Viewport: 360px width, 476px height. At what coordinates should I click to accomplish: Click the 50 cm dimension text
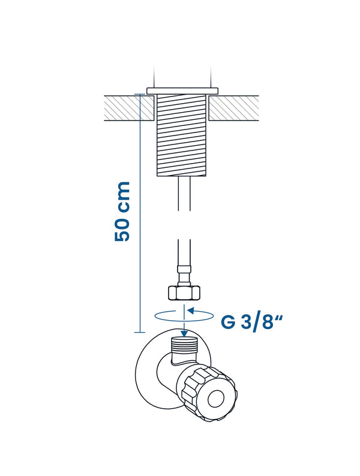[x=122, y=212]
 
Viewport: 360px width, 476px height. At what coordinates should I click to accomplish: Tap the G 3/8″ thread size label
[x=252, y=323]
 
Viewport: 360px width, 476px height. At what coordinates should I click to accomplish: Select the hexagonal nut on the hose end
[x=184, y=293]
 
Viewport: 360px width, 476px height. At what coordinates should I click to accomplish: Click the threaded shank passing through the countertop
[x=181, y=135]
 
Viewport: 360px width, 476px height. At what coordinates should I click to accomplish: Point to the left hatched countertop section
[x=129, y=109]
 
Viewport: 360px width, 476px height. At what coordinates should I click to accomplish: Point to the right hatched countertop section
[x=234, y=109]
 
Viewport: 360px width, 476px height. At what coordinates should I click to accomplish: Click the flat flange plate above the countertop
[x=182, y=91]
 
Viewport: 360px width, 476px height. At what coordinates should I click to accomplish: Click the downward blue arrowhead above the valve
[x=184, y=333]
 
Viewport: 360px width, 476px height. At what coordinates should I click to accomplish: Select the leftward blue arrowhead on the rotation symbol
[x=191, y=311]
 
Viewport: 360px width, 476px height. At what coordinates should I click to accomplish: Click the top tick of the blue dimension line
[x=140, y=94]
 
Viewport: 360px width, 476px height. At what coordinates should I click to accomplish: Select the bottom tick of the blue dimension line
[x=140, y=332]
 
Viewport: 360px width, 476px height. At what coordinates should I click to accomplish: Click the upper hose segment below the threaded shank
[x=184, y=194]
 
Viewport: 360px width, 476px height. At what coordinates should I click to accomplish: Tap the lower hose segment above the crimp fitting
[x=184, y=252]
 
